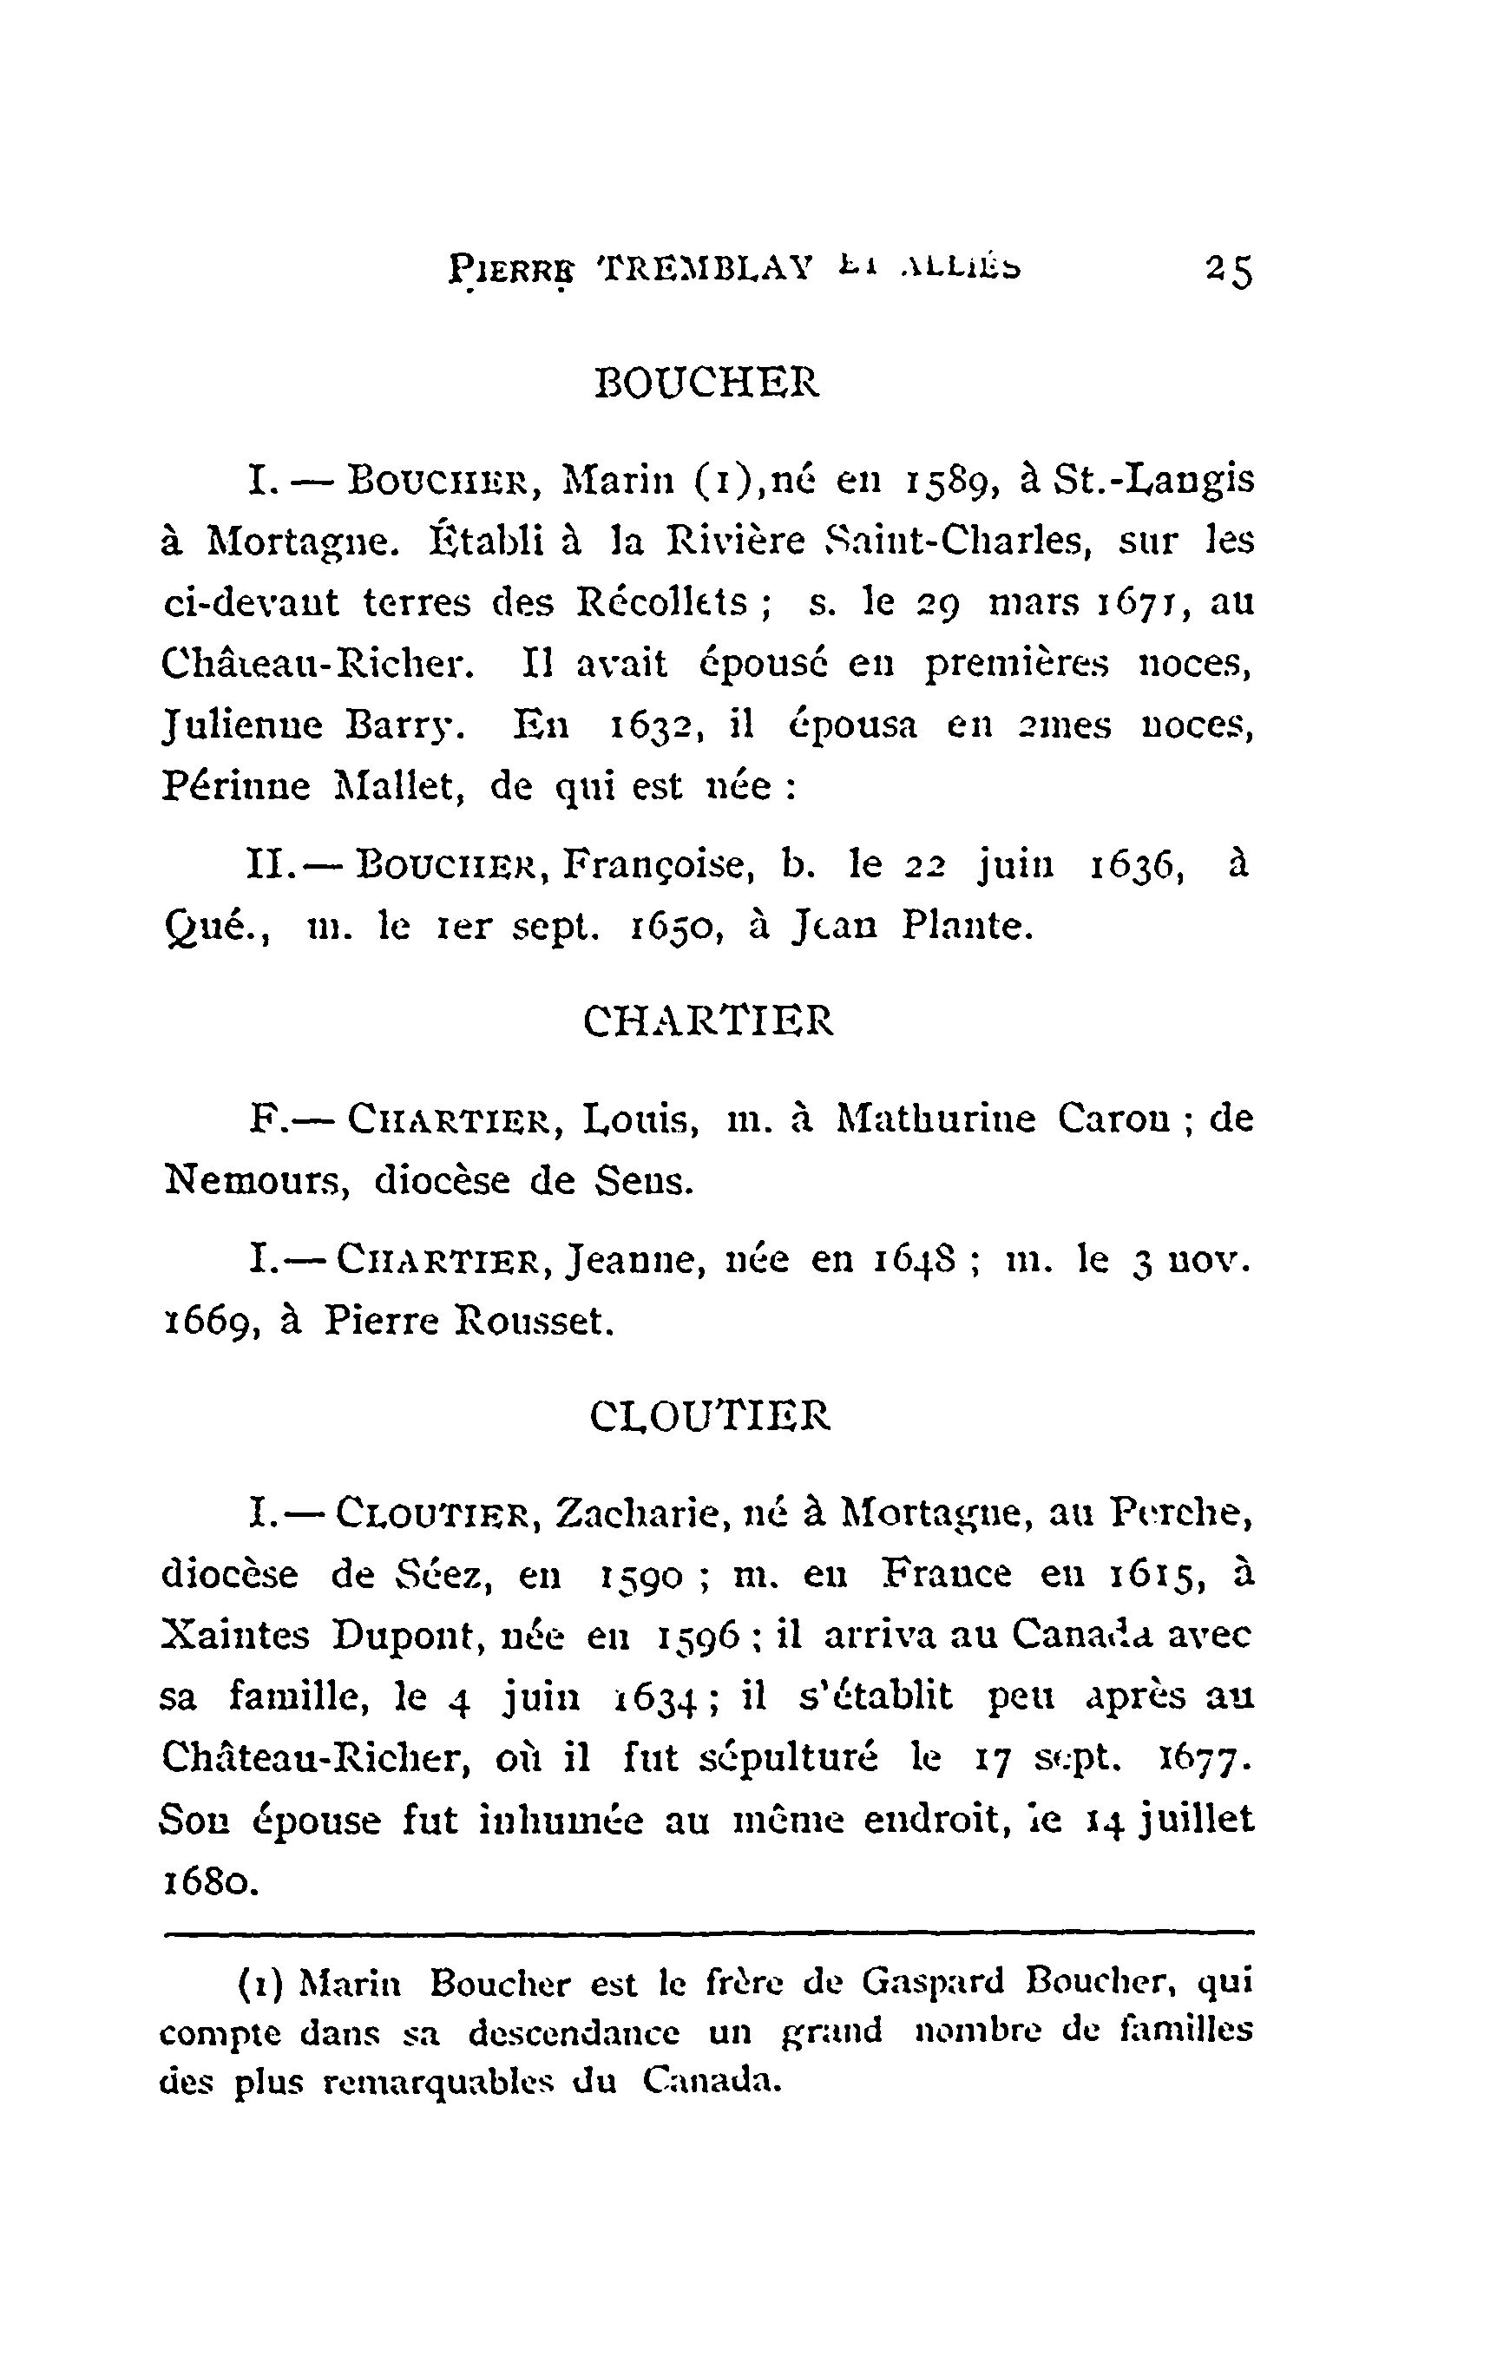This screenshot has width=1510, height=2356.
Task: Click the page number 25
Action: [x=1229, y=271]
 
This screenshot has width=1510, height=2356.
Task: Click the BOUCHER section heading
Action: [x=706, y=383]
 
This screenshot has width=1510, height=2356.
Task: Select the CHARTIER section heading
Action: [x=708, y=1020]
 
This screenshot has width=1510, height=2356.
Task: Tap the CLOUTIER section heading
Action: [x=710, y=1415]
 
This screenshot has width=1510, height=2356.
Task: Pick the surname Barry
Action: [x=401, y=725]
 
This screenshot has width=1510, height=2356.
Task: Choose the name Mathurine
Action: [x=936, y=1119]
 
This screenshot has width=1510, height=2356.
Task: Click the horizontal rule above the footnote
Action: [x=708, y=1933]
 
